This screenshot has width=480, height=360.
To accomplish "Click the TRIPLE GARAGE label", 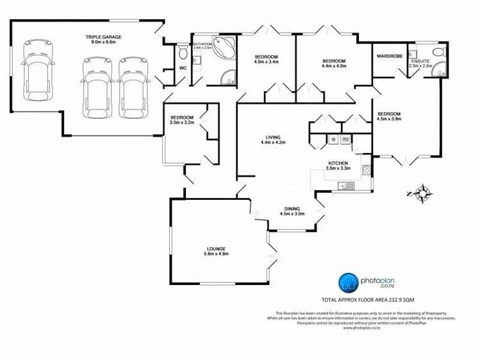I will tap(103, 37).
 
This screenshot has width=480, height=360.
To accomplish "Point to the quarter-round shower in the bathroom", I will tap(228, 79).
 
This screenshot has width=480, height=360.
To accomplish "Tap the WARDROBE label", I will tap(389, 56).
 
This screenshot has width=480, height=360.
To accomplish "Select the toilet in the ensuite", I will tap(439, 52).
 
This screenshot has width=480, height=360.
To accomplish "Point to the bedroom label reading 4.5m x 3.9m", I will tap(389, 119).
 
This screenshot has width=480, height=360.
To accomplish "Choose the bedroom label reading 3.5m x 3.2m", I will tap(182, 122).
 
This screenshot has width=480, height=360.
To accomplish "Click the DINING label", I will tap(292, 209).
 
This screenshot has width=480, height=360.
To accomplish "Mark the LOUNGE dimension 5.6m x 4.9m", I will tap(215, 254).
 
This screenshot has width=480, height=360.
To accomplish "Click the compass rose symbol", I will tap(423, 192).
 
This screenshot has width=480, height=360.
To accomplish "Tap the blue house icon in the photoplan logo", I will tap(348, 282).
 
